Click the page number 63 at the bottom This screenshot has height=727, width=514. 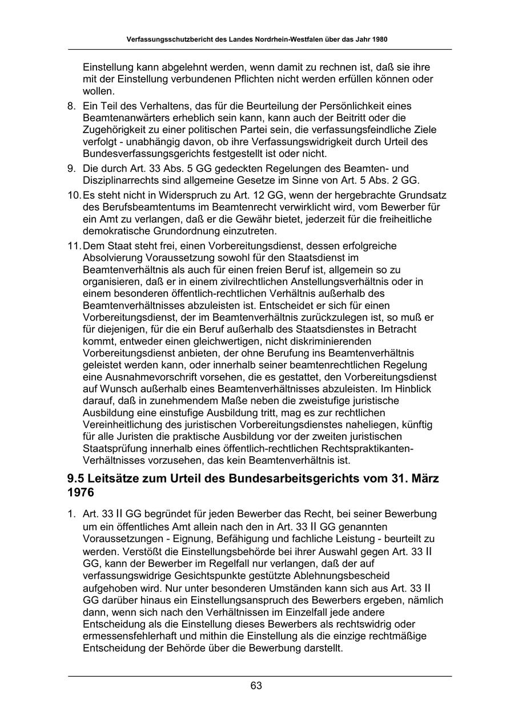[256, 686]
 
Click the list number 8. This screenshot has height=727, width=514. [71, 106]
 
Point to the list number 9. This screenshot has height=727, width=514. [71, 168]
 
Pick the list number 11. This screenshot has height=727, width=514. [74, 246]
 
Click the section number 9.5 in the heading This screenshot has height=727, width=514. [78, 479]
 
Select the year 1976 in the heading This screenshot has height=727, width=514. [81, 492]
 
